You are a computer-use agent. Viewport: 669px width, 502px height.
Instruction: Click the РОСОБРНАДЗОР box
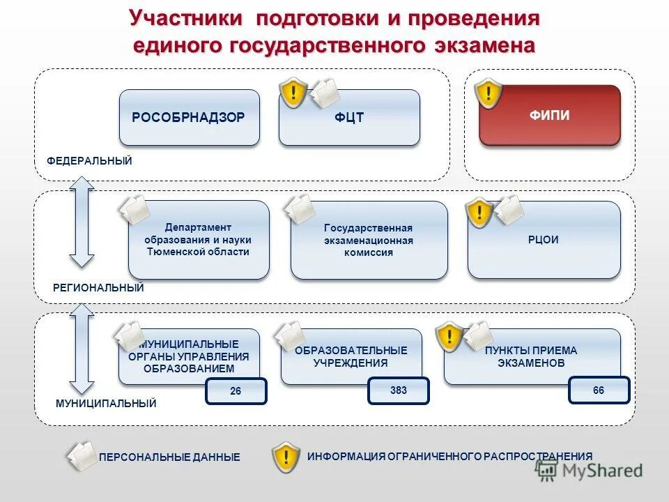pos(189,117)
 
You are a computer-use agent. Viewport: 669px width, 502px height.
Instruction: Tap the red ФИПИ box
pos(549,116)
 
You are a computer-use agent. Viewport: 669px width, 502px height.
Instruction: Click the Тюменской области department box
pos(199,240)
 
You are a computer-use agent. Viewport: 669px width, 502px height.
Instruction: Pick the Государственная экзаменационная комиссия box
pos(369,241)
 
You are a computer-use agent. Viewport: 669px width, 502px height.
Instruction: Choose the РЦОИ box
pos(544,240)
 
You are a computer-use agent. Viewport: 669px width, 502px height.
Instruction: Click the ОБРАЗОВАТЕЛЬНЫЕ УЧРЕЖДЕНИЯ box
pos(351,356)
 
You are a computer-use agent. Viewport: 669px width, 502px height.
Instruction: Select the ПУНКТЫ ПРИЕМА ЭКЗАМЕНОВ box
pos(532,356)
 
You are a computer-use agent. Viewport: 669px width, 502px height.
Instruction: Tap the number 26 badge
pos(236,391)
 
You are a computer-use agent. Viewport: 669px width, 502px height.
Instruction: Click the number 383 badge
pos(399,390)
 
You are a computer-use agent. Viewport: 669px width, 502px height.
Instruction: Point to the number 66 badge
pos(599,390)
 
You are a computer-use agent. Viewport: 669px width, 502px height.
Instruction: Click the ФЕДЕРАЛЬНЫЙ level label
pos(89,161)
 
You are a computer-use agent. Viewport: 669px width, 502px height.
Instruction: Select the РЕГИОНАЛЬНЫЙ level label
pos(98,287)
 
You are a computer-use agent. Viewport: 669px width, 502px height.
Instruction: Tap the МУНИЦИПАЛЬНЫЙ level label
pos(106,403)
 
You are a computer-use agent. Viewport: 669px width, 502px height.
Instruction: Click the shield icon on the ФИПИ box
pos(489,93)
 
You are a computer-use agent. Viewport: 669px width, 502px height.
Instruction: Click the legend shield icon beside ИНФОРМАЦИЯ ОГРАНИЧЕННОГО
pos(286,457)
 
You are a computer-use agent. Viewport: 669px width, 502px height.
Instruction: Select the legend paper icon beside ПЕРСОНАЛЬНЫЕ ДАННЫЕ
pos(82,456)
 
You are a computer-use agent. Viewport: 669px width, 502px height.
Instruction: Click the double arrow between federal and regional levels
pos(82,222)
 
